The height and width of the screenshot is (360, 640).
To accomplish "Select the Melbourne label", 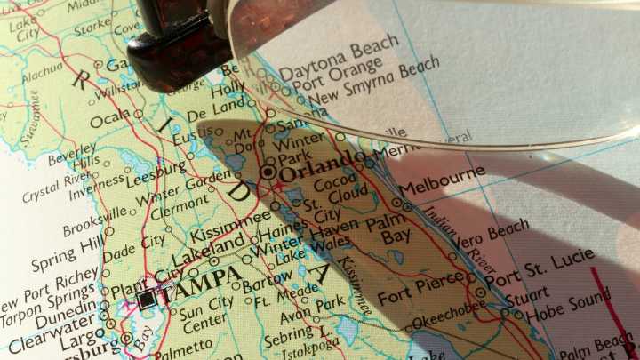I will pos(442,183).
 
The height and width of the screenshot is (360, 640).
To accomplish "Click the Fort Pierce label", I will pos(420,290).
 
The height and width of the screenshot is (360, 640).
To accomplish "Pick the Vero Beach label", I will pos(490,236).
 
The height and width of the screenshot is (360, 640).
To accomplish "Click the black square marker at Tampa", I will pos(146,300).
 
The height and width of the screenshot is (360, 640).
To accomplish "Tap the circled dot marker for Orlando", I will pos(268,172).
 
